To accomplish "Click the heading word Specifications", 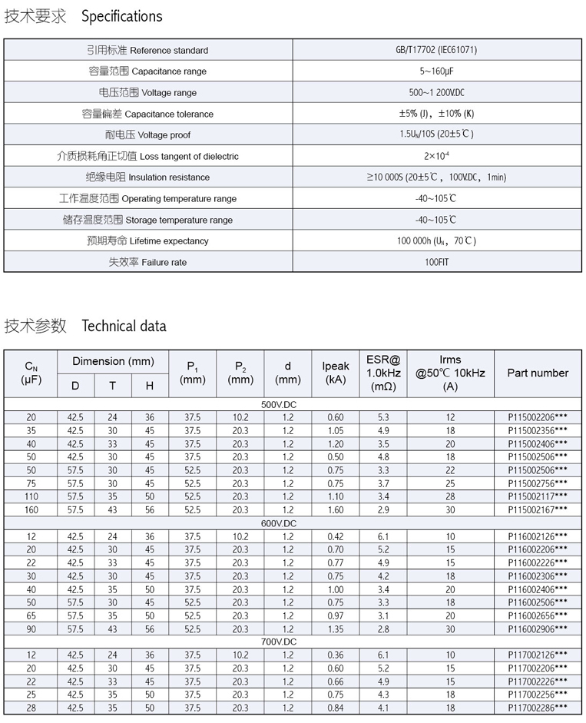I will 122,16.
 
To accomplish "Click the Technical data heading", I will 124,325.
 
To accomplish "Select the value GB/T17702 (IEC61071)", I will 437,50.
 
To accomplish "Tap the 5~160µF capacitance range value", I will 437,71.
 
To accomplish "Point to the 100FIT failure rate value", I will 437,262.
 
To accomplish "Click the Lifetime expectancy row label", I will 147,241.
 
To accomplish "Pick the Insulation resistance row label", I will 147,177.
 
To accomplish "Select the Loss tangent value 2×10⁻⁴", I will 437,156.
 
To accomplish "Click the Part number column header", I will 538,373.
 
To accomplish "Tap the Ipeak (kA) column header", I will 336,373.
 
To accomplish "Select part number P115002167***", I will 538,510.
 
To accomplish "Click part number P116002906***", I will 538,628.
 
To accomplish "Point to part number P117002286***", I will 538,708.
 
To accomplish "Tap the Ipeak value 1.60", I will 336,510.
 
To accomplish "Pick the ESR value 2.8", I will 383,628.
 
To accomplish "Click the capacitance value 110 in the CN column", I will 31,497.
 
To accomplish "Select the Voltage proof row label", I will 147,135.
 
